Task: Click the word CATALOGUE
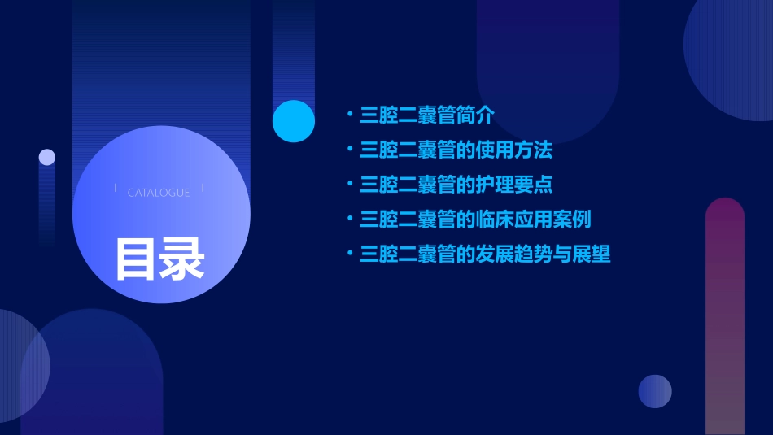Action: click(x=159, y=193)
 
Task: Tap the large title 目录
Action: click(x=159, y=259)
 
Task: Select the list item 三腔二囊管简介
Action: click(x=426, y=115)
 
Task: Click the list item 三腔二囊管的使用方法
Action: click(x=456, y=150)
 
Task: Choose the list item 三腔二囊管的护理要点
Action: click(x=456, y=185)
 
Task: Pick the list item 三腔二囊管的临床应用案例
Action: click(x=475, y=220)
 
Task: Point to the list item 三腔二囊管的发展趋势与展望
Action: click(x=485, y=254)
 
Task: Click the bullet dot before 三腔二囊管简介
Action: click(x=349, y=115)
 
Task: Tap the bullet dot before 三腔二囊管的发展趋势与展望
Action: click(x=349, y=254)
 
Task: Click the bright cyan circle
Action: click(x=294, y=121)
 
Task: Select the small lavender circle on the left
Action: click(x=47, y=157)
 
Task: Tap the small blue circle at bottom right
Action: click(x=655, y=391)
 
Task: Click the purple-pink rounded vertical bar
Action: click(x=725, y=317)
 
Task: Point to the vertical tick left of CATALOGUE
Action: click(x=116, y=189)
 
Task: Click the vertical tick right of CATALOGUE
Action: click(x=203, y=189)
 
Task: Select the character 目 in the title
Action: click(x=136, y=259)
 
